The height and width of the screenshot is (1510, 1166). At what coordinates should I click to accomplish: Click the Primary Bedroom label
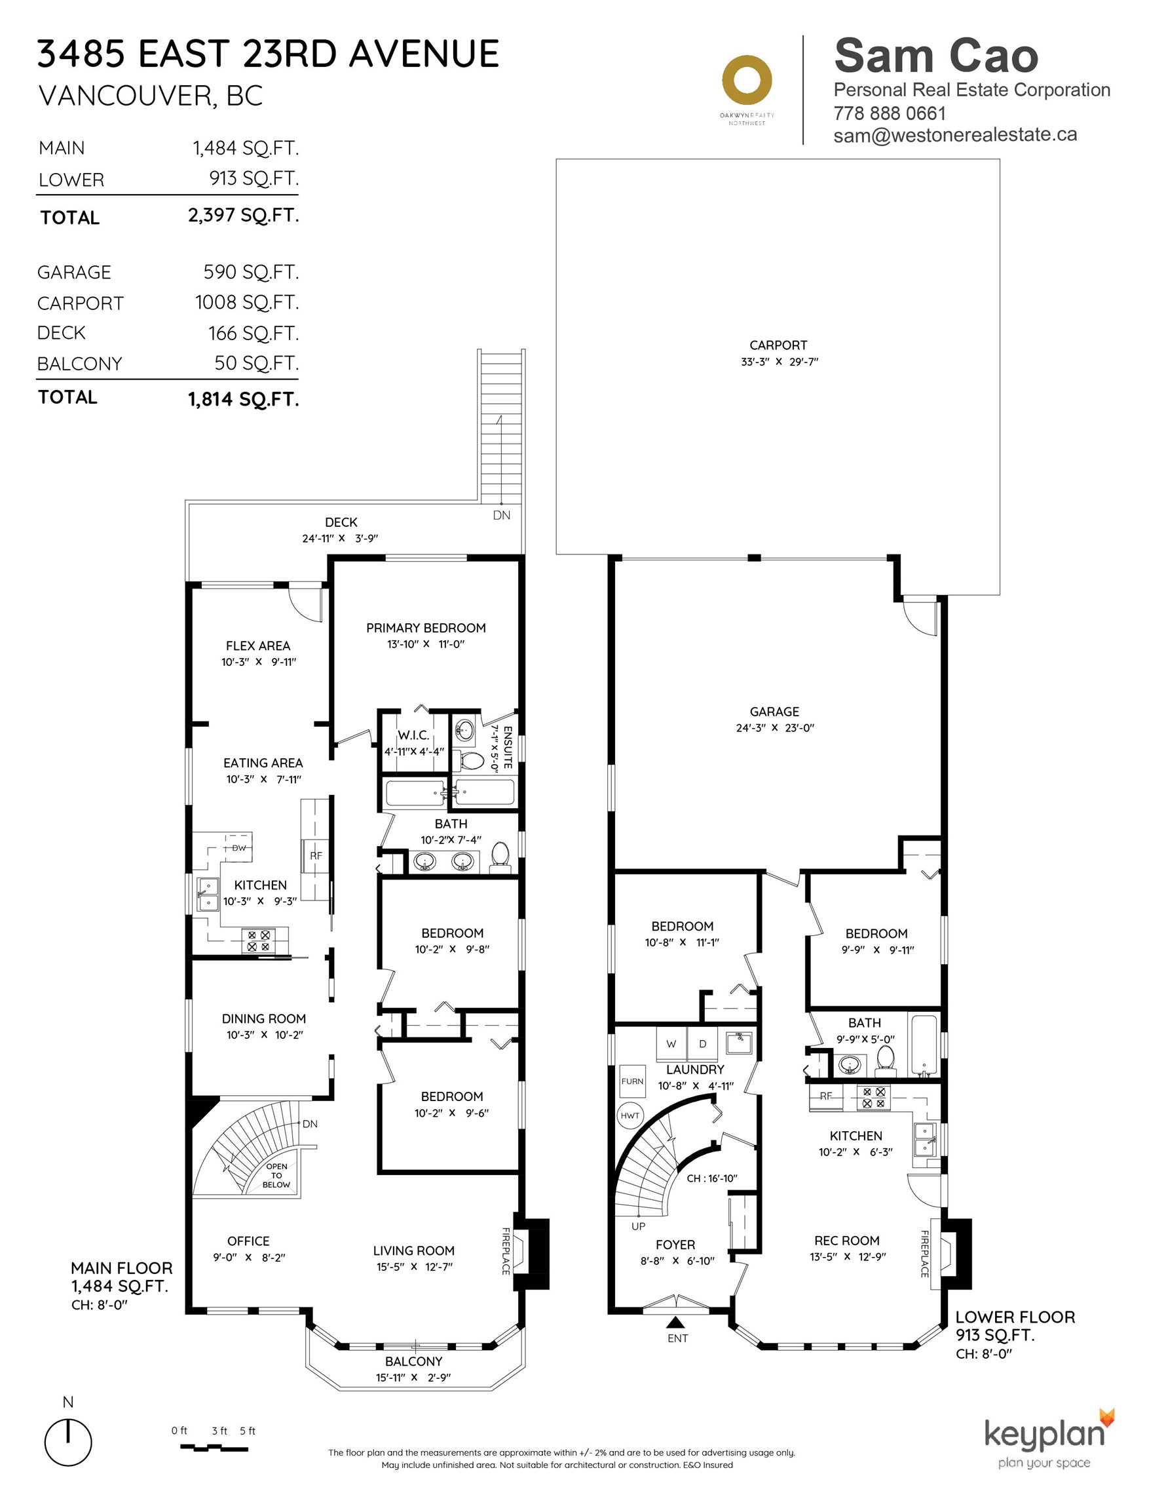(426, 628)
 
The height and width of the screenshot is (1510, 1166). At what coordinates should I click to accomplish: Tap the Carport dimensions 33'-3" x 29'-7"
(779, 362)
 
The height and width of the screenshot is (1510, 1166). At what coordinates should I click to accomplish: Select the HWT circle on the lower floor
(630, 1115)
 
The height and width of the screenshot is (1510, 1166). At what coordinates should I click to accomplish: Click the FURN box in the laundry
(632, 1081)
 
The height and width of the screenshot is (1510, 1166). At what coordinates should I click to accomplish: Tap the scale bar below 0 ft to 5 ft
(214, 1447)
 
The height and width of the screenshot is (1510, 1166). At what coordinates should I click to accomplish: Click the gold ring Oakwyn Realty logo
(747, 81)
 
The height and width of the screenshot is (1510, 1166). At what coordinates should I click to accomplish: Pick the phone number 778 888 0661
(890, 113)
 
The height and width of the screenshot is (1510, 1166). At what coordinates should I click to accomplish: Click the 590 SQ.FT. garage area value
(251, 272)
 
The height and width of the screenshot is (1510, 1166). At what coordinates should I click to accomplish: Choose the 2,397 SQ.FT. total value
(243, 215)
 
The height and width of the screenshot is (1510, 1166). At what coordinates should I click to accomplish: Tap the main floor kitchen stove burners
(258, 941)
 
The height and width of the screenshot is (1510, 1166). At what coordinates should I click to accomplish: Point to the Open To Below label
(276, 1175)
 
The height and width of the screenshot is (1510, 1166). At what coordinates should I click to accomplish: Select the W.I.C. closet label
(413, 735)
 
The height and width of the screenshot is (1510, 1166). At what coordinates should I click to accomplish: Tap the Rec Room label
(847, 1241)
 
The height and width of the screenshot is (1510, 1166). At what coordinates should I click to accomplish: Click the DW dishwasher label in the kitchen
(238, 847)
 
